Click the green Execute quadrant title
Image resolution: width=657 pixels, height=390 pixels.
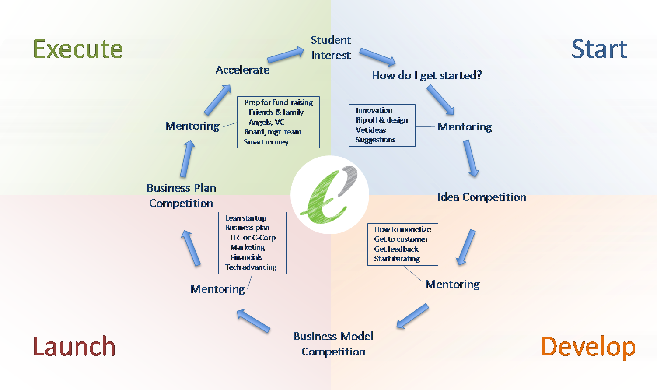click(78, 49)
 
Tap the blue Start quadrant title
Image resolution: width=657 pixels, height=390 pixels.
click(599, 49)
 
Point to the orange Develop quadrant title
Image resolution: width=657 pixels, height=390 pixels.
click(588, 347)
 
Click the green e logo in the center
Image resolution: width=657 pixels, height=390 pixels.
click(329, 194)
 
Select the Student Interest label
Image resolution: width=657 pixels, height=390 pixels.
click(331, 48)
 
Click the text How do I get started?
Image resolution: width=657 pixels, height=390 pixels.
click(427, 75)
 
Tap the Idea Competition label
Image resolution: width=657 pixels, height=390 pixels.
click(482, 197)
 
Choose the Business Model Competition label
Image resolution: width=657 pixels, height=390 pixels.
click(333, 344)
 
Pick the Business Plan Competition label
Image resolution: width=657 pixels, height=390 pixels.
click(182, 196)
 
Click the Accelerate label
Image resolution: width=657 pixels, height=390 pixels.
click(242, 70)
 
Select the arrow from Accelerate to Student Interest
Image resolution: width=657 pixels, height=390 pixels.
click(285, 55)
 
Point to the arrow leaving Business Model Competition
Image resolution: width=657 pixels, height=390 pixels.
click(253, 321)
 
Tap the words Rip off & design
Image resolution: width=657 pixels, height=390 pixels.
click(382, 120)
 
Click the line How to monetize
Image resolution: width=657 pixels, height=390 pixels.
click(402, 229)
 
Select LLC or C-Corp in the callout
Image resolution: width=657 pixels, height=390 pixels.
click(253, 238)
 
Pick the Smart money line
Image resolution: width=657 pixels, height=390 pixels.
click(266, 142)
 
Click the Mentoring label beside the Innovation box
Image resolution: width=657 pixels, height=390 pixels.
click(465, 127)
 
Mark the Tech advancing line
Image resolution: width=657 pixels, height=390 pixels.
click(251, 267)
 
